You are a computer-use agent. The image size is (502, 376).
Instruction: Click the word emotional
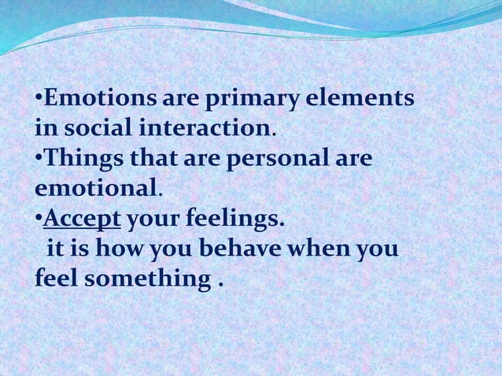point(97,189)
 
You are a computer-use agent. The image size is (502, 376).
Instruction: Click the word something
point(146,279)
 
